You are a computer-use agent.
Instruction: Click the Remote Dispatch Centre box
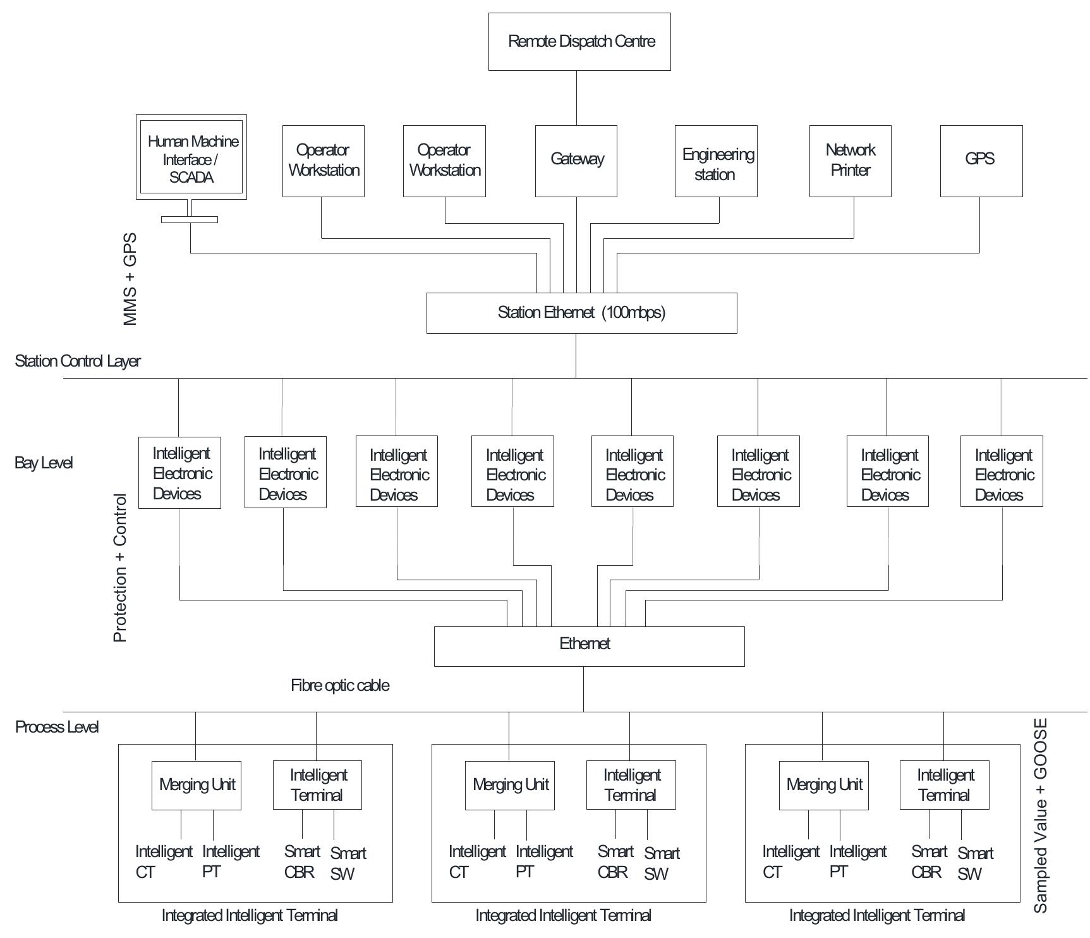pos(579,42)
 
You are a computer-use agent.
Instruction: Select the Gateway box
pos(576,161)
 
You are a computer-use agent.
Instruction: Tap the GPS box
pos(981,161)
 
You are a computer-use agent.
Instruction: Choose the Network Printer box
pos(850,161)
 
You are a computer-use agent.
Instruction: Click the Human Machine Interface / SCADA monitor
pos(191,157)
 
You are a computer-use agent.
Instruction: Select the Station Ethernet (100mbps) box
pos(581,313)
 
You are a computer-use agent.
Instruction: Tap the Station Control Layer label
pos(77,361)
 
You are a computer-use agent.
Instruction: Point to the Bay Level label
pos(44,463)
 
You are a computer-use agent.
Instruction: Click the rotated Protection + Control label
pos(120,568)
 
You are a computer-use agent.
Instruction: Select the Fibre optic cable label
pos(340,686)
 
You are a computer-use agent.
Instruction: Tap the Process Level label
pos(57,727)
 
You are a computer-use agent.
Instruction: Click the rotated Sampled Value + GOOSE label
pos(1040,815)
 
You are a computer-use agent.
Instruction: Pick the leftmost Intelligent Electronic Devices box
pos(179,473)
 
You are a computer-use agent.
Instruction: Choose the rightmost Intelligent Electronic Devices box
pos(1002,472)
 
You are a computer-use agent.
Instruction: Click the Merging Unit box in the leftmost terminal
pos(197,785)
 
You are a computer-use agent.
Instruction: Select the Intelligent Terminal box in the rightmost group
pos(944,785)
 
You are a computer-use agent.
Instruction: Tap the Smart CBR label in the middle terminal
pos(615,862)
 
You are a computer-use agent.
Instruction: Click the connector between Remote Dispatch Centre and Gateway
pos(576,97)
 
